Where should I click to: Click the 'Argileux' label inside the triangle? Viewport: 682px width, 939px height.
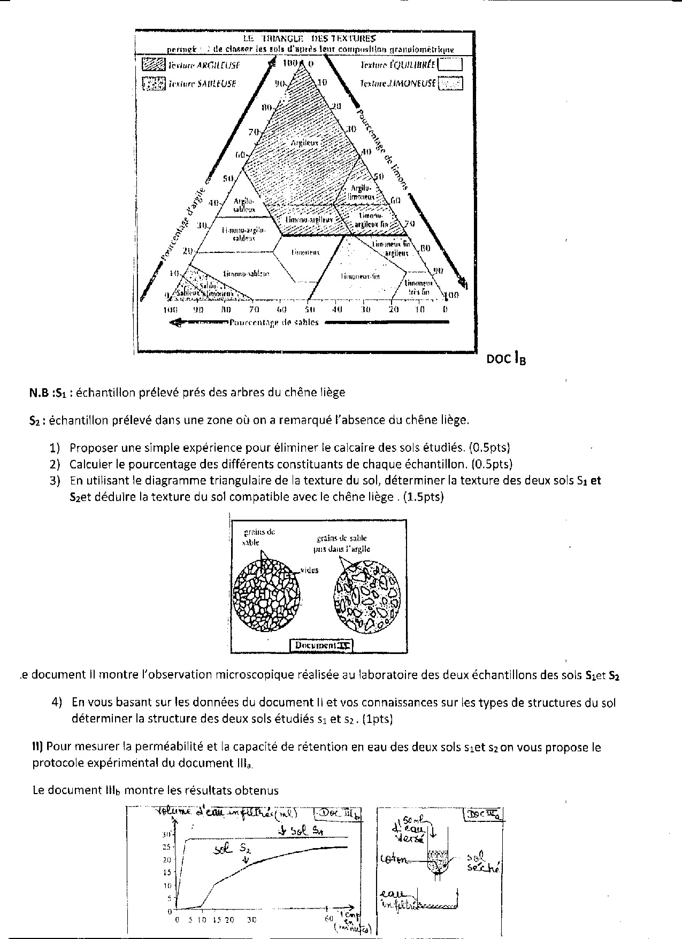305,143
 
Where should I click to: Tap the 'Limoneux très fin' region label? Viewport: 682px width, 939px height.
418,287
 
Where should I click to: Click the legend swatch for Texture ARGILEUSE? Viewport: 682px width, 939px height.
154,65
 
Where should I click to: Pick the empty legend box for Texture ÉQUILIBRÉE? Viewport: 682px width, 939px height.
450,65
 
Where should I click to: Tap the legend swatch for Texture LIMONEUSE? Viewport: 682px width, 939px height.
450,83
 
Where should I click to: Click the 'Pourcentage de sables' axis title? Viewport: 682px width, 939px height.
274,322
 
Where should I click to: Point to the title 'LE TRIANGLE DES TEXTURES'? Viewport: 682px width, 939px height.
309,39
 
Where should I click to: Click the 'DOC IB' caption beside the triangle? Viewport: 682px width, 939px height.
505,359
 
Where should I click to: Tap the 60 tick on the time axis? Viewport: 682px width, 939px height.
328,919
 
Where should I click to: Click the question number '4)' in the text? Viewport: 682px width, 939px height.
57,702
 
